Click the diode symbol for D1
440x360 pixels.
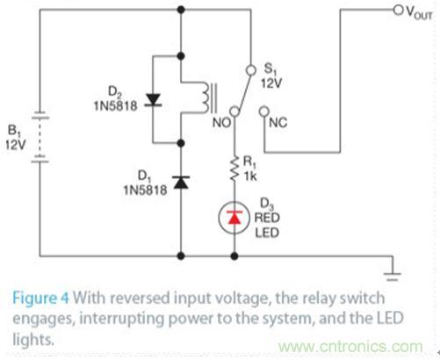(181, 181)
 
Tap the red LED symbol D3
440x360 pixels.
(234, 217)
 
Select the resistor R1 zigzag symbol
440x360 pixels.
(234, 166)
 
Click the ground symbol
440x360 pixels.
(391, 267)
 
